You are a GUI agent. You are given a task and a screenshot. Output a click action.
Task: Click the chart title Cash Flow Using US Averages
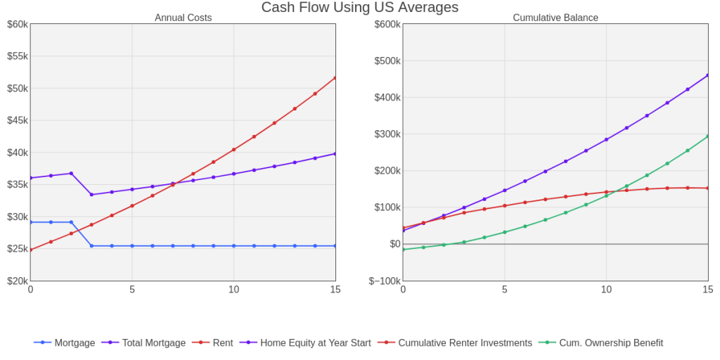(359, 8)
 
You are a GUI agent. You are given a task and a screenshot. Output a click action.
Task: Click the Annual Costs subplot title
(183, 18)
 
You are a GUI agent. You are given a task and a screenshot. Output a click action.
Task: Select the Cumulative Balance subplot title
(555, 18)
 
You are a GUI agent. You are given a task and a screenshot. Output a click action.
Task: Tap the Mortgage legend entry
(75, 343)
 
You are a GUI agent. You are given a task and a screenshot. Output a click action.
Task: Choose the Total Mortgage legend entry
(154, 343)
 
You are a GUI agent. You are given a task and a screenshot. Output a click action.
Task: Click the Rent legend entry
(223, 343)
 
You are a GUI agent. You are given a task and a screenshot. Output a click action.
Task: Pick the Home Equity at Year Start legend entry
(315, 343)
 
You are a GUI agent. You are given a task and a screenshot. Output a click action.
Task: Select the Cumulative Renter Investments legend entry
(465, 343)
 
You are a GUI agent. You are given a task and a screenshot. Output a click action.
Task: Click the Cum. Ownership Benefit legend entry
(610, 343)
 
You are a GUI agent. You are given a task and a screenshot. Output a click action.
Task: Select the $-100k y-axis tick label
(384, 281)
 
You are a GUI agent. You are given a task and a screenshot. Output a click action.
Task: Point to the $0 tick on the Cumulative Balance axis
(394, 244)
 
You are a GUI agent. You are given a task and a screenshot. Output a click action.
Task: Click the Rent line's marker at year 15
(335, 78)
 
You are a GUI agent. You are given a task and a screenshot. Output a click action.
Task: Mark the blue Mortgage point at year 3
(91, 246)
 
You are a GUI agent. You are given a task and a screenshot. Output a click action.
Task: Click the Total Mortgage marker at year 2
(71, 173)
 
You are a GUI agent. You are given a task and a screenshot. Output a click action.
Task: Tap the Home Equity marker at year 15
(708, 75)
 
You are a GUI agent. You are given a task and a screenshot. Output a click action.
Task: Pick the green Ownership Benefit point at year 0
(403, 250)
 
